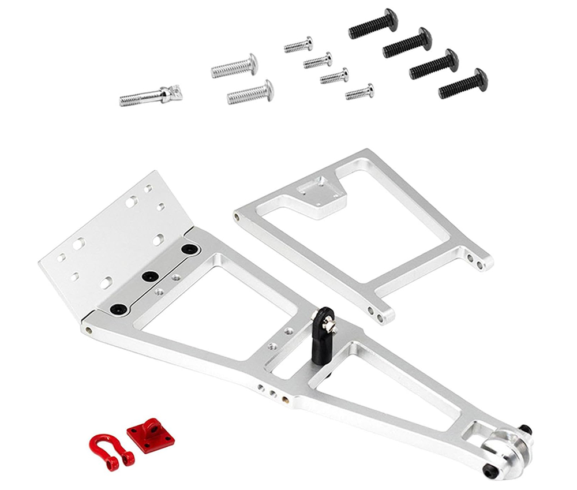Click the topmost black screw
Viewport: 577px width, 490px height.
click(x=373, y=24)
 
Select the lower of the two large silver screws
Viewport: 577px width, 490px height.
click(x=250, y=92)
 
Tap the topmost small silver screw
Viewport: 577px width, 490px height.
click(x=298, y=45)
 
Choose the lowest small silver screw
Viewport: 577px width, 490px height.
click(x=359, y=91)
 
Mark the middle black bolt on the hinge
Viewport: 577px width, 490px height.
click(x=151, y=276)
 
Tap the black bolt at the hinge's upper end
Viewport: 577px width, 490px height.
click(x=188, y=249)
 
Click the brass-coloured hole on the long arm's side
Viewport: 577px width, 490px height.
click(x=285, y=398)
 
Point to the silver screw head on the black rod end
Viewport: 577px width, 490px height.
click(x=329, y=327)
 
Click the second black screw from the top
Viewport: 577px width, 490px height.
click(x=407, y=43)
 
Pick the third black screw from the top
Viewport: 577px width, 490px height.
click(x=434, y=63)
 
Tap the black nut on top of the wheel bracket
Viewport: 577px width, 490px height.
click(x=525, y=429)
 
